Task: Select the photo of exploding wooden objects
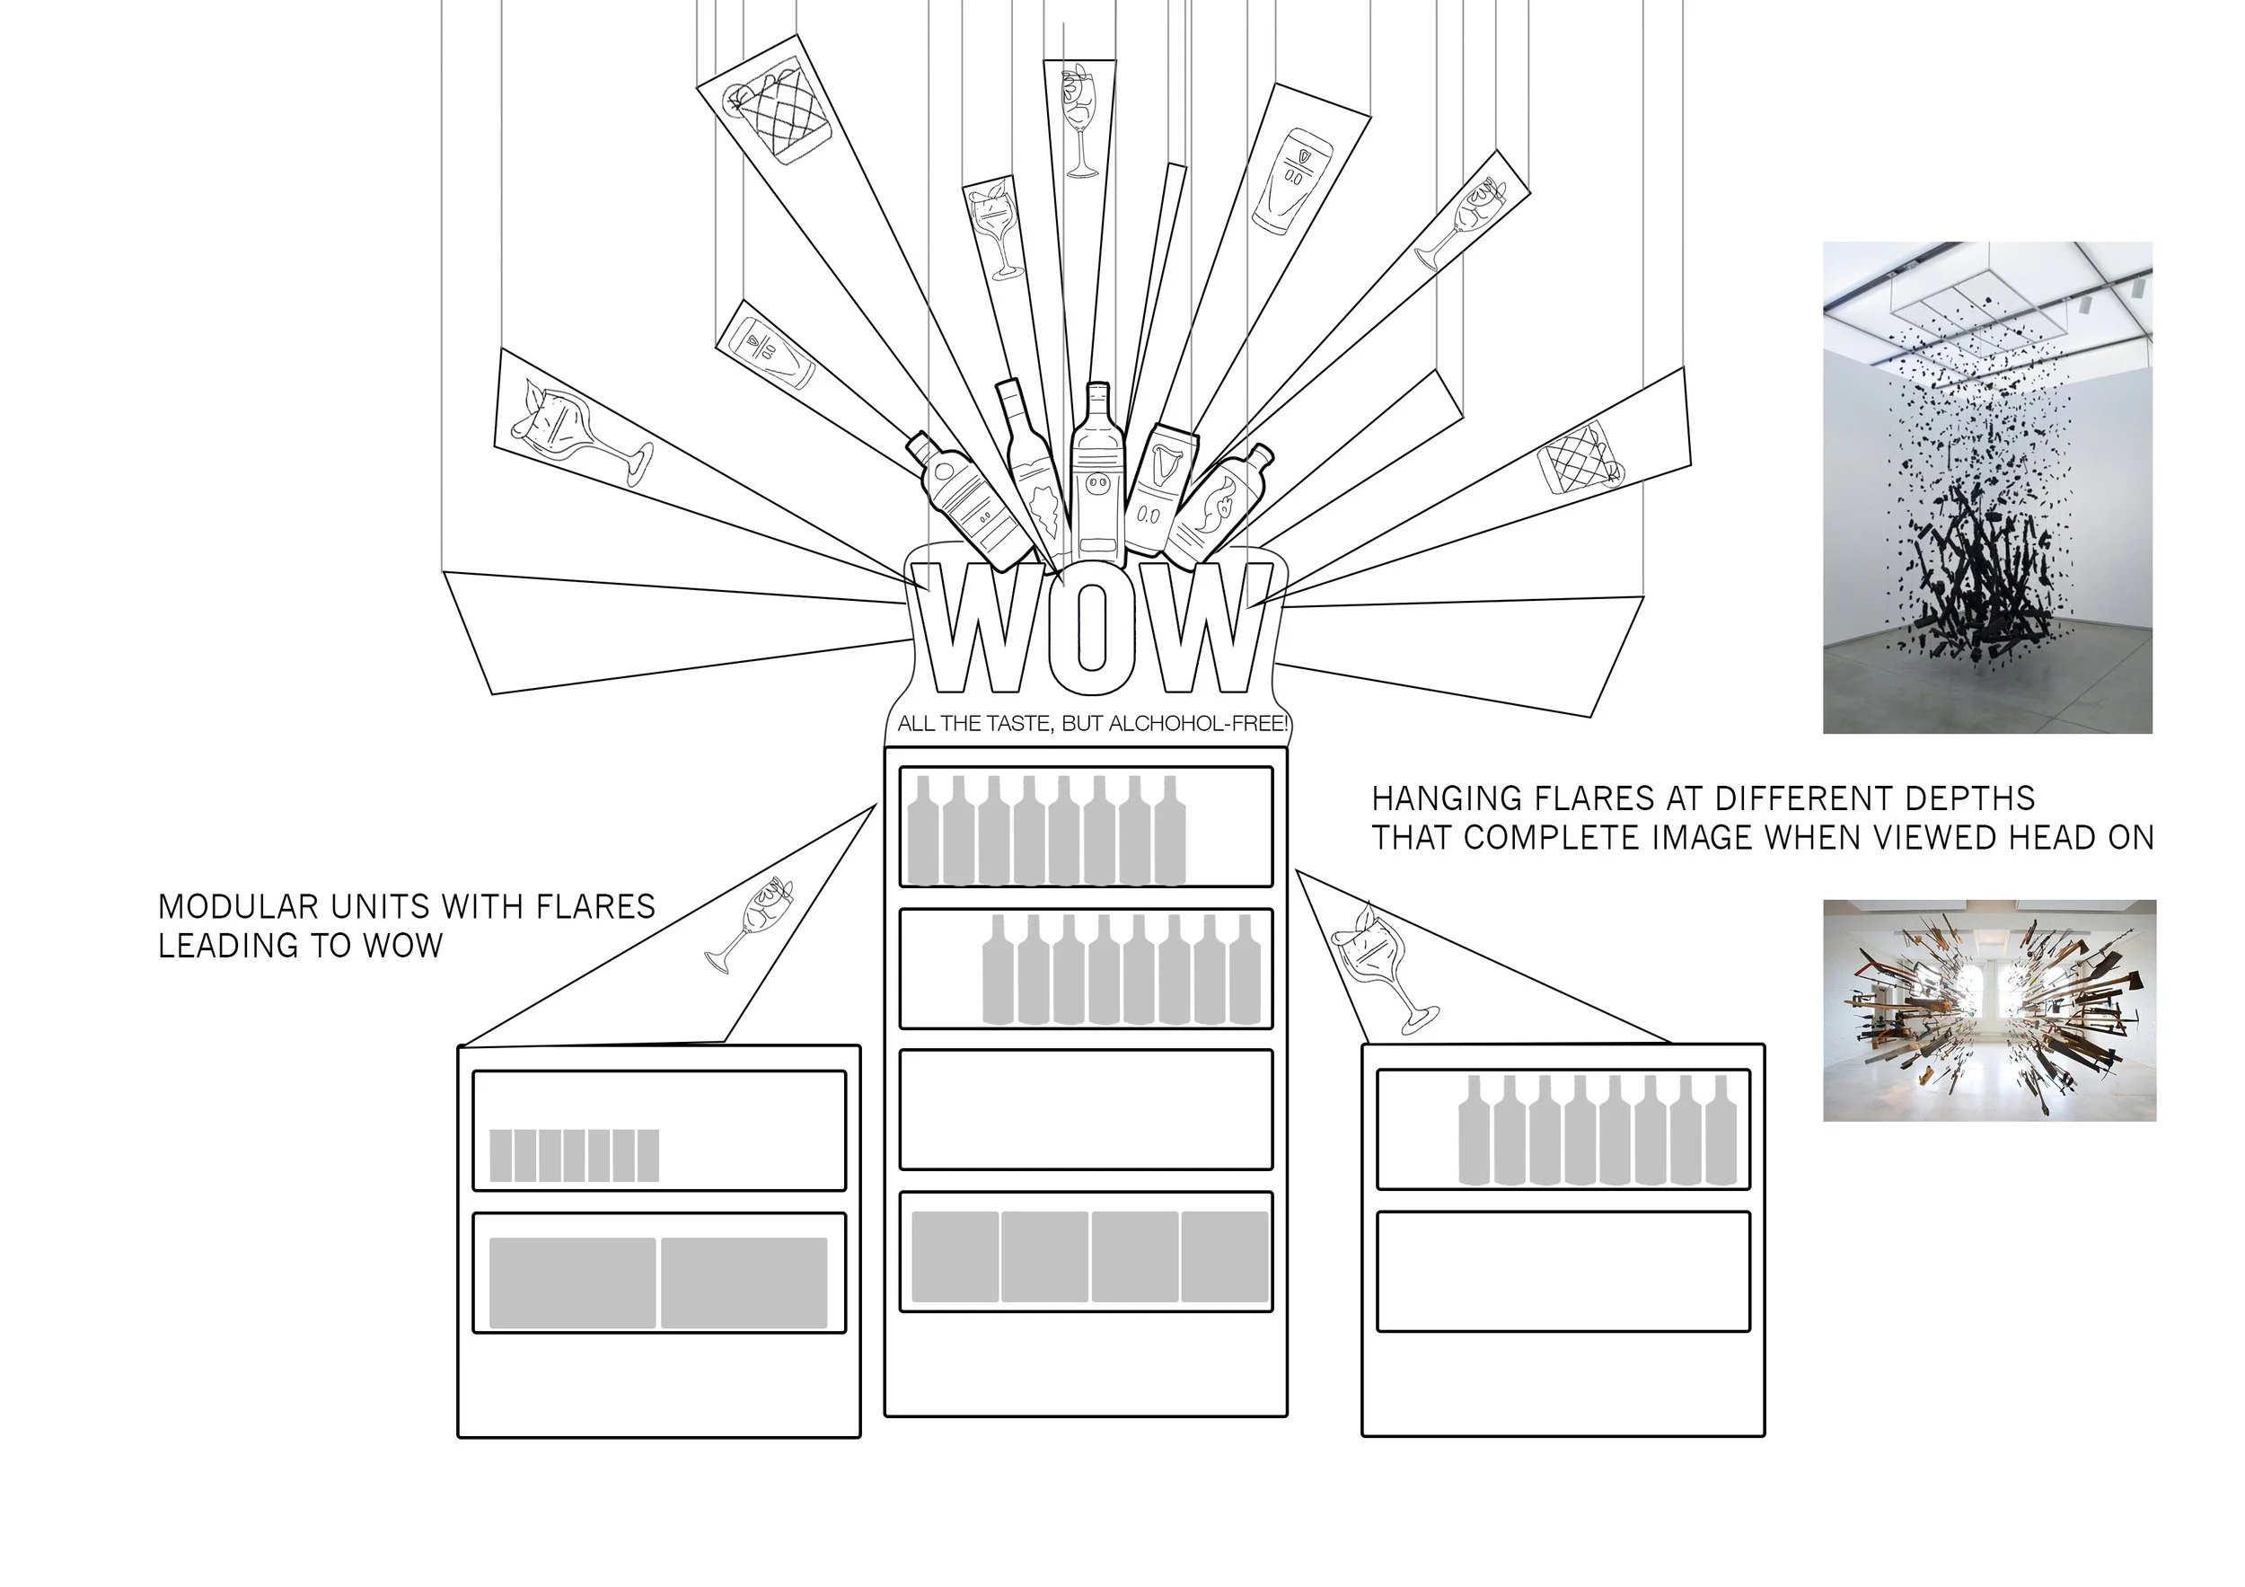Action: (x=1989, y=1010)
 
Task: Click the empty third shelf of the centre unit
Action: (x=1086, y=1110)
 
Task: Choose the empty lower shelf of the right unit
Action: (x=1563, y=1271)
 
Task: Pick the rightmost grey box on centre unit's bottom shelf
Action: (x=1224, y=1256)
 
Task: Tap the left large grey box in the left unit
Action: (x=572, y=1283)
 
